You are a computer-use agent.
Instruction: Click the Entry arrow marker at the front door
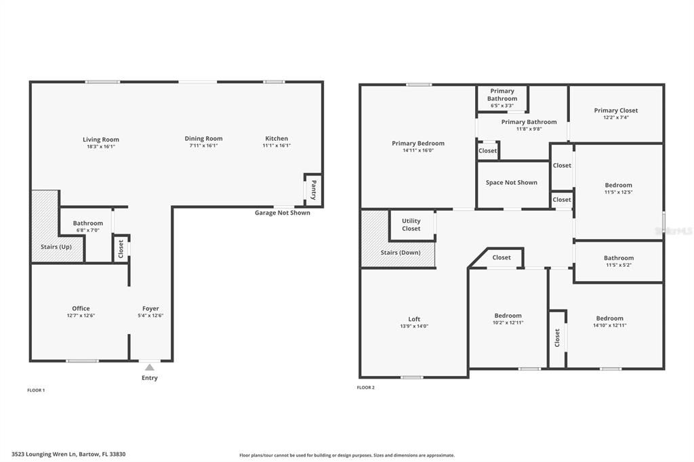coord(149,367)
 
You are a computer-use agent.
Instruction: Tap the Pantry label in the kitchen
coord(313,189)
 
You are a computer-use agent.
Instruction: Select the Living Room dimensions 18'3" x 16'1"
coord(101,146)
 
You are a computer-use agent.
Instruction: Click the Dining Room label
coord(203,139)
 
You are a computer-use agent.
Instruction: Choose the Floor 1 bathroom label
coord(88,223)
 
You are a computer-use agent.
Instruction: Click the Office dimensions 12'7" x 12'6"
coord(81,316)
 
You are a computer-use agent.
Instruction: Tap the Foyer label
coord(150,308)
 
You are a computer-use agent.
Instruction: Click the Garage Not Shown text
coord(282,213)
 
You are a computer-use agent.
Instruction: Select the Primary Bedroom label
coord(418,143)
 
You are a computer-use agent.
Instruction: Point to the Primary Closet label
coord(616,110)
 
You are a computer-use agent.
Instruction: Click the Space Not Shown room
coord(512,182)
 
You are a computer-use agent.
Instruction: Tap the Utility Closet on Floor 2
coord(411,225)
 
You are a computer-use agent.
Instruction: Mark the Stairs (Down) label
coord(400,253)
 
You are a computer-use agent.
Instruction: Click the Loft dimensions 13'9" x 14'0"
coord(414,327)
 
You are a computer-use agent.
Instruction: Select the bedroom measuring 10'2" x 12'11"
coord(508,319)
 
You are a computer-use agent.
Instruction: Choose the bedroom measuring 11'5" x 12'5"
coord(618,188)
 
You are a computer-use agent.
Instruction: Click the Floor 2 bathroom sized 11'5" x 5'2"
coord(618,261)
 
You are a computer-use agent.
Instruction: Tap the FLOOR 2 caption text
coord(365,387)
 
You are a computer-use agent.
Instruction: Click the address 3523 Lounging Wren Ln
coord(68,454)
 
